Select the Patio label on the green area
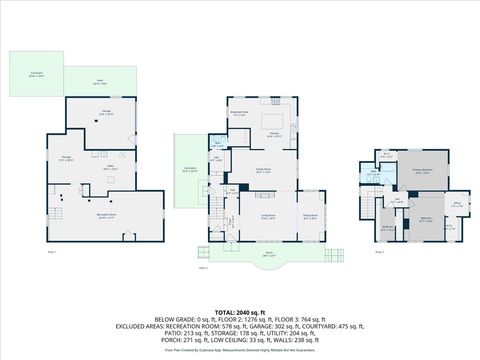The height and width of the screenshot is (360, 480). [x=99, y=83]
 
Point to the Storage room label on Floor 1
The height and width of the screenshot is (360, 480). [x=67, y=160]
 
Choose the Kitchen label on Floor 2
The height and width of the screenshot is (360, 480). [x=272, y=135]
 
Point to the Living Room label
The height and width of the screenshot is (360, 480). [x=268, y=215]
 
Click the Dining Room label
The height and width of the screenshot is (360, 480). [x=310, y=214]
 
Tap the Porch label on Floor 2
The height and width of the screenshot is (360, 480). [x=268, y=254]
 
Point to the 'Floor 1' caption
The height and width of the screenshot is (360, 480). [x=52, y=251]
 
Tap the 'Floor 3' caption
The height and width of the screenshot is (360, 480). [x=380, y=252]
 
